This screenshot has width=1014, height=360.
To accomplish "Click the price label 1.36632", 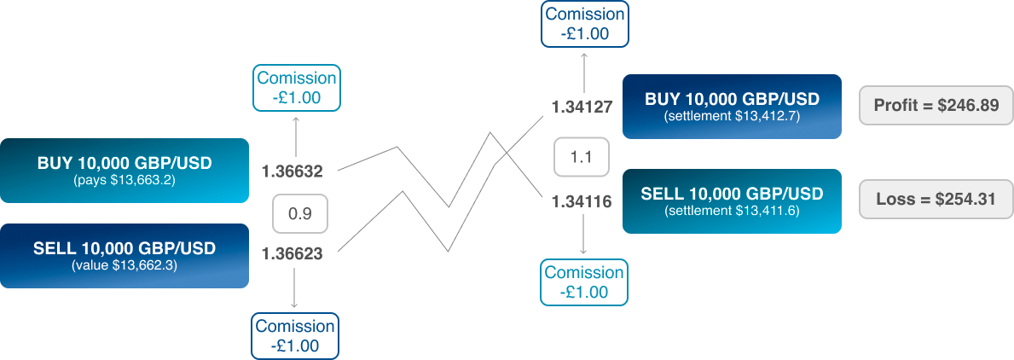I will coord(292,171).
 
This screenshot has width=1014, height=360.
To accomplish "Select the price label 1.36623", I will coord(292,253).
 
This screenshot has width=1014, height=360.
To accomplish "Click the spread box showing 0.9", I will coord(298,213).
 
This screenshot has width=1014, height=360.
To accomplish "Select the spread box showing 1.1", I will coord(582,156).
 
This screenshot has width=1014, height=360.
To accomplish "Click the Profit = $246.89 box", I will coord(936,105).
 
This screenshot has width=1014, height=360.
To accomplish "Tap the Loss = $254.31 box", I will coord(936,200).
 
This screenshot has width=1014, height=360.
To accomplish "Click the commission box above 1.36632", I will coord(297,87).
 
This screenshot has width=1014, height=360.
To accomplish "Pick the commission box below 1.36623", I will coord(294,336).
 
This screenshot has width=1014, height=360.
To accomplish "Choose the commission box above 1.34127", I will coord(584,25).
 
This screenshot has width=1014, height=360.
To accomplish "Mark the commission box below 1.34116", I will coord(584,282).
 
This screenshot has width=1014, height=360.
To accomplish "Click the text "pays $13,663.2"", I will coord(125,180).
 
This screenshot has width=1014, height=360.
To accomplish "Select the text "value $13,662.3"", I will coord(125,265).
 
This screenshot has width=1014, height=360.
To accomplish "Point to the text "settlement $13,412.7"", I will coord(732,116).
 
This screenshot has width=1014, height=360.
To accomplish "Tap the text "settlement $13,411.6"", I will coord(732,211).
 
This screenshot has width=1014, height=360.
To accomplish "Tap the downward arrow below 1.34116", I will coord(584,235).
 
